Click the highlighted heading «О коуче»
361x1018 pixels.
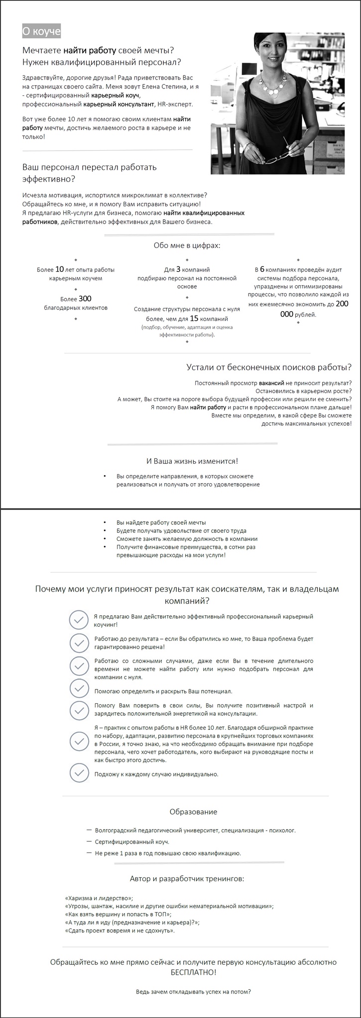tap(41, 31)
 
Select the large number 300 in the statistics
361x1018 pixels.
tap(85, 299)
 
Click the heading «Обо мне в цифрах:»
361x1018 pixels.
tap(187, 245)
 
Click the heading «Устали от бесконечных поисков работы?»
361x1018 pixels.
tap(269, 367)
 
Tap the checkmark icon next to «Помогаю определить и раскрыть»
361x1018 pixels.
tap(79, 688)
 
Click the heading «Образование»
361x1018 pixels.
tap(194, 812)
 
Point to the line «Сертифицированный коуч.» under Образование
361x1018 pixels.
tap(132, 842)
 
